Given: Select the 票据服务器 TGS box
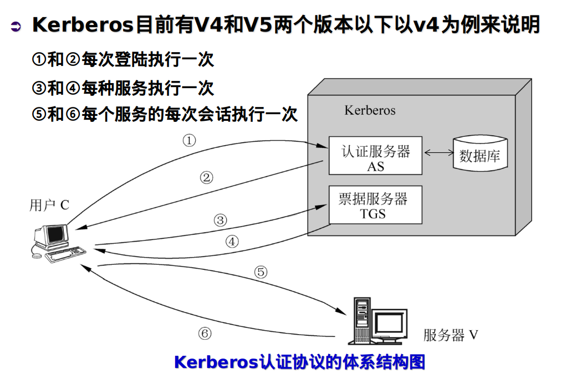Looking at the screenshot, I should coord(375,205).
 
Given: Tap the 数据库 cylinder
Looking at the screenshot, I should coord(480,155).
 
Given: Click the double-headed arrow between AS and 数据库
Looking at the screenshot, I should coord(438,152).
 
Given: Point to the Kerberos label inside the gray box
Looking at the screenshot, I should coord(370,110).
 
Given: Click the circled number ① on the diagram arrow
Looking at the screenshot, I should coord(189,140).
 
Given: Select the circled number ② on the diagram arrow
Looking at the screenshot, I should coord(206,177).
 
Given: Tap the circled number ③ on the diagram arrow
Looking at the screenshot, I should coord(221,220).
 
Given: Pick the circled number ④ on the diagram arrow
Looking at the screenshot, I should coord(232,242).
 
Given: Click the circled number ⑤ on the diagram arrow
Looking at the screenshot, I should coord(261,272).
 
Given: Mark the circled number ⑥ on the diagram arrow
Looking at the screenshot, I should coord(205,333).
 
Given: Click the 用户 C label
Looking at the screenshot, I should coord(49,205).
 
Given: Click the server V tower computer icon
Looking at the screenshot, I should coord(362,320).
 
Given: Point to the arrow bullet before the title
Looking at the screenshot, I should coord(16,26).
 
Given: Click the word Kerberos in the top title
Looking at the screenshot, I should coord(83,25).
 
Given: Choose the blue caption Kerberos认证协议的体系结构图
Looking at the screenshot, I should coord(299,362).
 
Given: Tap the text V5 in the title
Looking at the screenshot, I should coord(255,25).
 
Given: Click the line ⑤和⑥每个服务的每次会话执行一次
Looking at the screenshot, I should coord(165,114).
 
